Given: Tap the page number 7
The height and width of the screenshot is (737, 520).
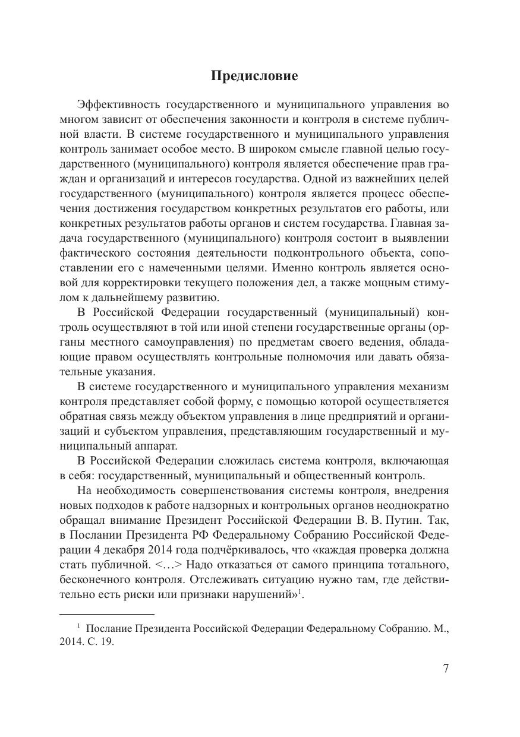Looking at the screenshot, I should tap(446, 669).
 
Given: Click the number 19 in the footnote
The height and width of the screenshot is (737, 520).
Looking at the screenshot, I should tap(106, 642).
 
